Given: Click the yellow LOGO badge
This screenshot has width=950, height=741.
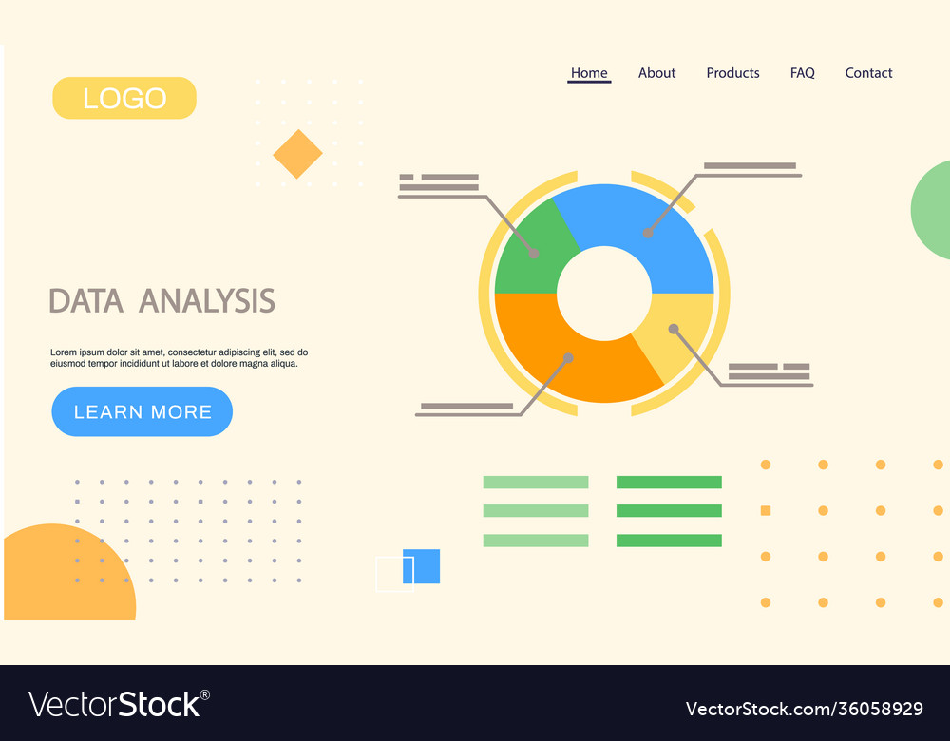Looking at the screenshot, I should click(124, 98).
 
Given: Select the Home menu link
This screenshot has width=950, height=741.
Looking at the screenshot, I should click(589, 73).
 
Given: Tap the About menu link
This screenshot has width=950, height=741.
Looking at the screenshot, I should click(656, 73).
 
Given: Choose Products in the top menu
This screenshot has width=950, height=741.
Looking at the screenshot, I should click(732, 73).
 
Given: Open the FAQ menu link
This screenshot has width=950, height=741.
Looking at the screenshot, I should click(802, 73).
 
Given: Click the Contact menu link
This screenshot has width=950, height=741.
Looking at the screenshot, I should click(868, 73).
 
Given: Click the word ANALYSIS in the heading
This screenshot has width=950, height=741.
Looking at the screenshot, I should click(207, 301).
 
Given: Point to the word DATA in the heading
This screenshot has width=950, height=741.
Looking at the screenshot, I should click(85, 301).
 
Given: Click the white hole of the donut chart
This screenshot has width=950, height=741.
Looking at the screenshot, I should click(604, 294).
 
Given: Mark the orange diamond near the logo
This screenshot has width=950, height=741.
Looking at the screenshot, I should click(297, 154).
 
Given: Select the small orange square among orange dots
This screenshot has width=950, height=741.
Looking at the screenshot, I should click(766, 511).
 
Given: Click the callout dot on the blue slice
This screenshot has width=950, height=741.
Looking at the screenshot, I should click(648, 233).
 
